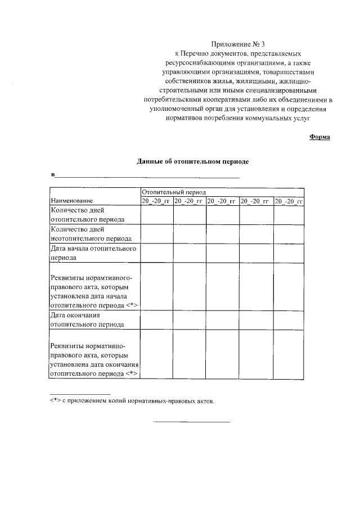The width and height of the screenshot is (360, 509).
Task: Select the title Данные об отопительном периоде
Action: coord(193,161)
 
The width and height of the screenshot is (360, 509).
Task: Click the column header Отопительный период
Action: coord(174,192)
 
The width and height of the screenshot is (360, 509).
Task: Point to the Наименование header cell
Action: coord(72,201)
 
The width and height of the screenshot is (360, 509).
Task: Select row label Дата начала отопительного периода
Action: coord(93,253)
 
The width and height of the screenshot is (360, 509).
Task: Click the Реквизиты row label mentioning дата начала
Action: coord(94,291)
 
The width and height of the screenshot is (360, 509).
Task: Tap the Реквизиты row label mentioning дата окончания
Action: coord(94,358)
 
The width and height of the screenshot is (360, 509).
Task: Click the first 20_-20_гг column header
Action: coord(157,201)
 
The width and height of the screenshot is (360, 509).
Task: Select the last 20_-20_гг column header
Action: coord(289,201)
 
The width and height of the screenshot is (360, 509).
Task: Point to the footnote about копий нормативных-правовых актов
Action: coord(132,401)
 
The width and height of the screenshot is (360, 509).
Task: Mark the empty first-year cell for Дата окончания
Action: coord(157,319)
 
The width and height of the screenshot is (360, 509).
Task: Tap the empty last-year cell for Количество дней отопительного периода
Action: coord(289,215)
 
